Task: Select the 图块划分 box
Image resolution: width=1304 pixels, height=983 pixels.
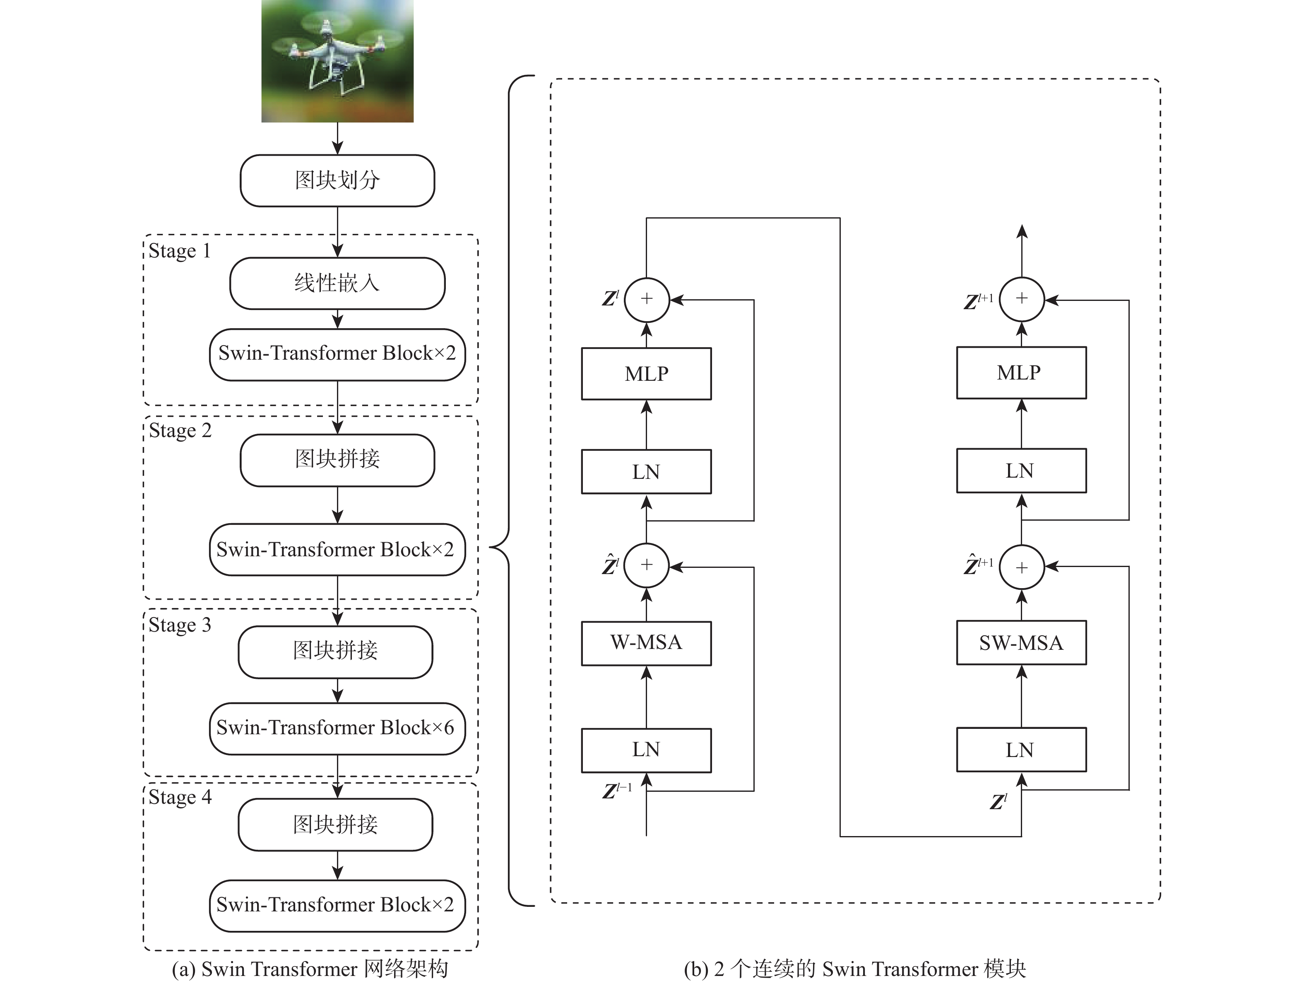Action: pos(337,180)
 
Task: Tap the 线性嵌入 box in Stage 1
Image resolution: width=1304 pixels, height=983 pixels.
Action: pos(337,283)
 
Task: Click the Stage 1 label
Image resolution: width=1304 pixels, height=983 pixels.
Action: pos(179,251)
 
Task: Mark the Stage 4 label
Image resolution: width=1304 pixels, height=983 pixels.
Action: pos(180,797)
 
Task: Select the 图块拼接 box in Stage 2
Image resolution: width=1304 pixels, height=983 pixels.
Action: pos(337,460)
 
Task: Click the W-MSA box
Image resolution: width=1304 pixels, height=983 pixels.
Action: pos(646,643)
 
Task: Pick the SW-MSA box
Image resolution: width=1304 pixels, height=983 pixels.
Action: pos(1021,642)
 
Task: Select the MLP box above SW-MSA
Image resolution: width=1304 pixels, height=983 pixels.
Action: pos(1021,373)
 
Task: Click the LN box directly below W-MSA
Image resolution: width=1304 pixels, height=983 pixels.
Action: pos(646,750)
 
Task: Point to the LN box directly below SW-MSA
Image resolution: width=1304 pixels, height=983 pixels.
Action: pos(1021,750)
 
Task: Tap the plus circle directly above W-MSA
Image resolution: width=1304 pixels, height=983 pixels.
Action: pos(646,565)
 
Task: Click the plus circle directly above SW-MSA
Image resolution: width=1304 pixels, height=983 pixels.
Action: pos(1022,567)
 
